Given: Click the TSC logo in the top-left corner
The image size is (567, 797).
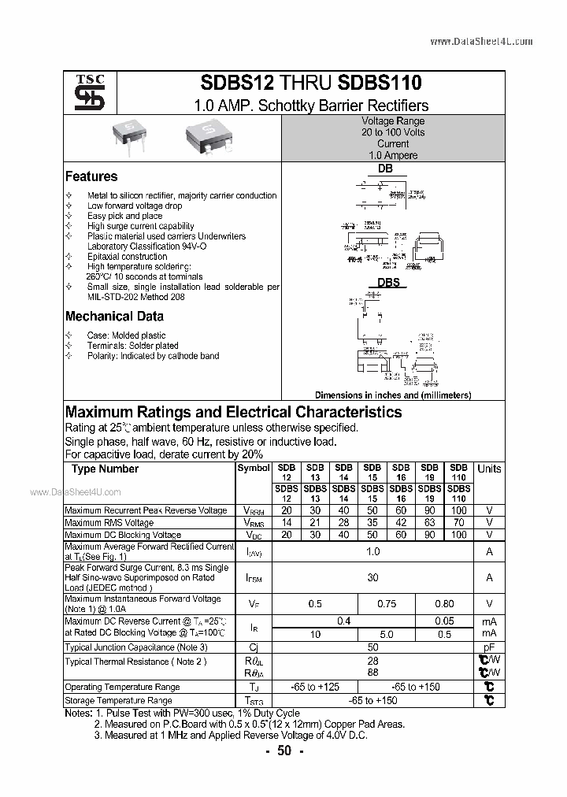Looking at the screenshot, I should pyautogui.click(x=89, y=92).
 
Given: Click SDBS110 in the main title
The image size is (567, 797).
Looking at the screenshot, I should pyautogui.click(x=380, y=83).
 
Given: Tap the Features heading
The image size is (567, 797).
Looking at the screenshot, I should pyautogui.click(x=91, y=176).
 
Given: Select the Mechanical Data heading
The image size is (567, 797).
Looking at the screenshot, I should pyautogui.click(x=114, y=317).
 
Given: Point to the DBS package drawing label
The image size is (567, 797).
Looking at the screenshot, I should pyautogui.click(x=388, y=283).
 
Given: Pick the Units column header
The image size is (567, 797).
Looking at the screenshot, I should pyautogui.click(x=489, y=469).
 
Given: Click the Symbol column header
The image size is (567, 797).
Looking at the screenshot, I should pyautogui.click(x=253, y=468).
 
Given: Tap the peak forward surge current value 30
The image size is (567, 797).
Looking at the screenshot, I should pyautogui.click(x=372, y=577).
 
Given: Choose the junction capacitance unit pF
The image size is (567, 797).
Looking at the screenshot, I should pyautogui.click(x=489, y=647).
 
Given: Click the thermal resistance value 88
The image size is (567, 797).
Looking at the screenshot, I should pyautogui.click(x=372, y=672).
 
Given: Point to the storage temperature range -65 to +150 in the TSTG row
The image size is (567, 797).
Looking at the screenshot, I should pyautogui.click(x=372, y=699).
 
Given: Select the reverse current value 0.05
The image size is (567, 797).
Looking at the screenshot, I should pyautogui.click(x=444, y=621).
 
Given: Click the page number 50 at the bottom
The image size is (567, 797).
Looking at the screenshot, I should pyautogui.click(x=284, y=751).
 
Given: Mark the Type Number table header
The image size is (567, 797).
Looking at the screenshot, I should pyautogui.click(x=105, y=469).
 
